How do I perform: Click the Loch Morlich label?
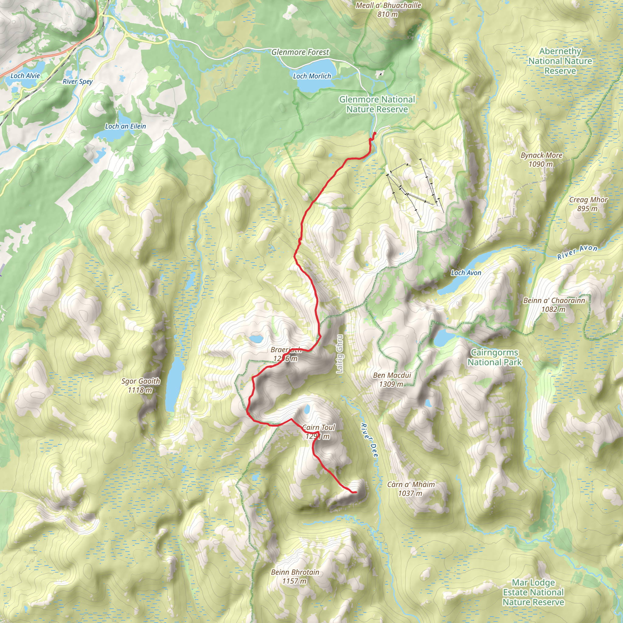(x=312, y=76)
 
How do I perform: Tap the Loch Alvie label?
(x=25, y=76)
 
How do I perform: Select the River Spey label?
(x=77, y=81)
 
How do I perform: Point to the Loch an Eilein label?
(x=125, y=127)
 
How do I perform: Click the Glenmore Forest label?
(x=300, y=52)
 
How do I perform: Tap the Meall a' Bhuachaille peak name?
(x=388, y=5)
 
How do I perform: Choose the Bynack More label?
(x=541, y=155)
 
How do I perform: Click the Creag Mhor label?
(x=588, y=200)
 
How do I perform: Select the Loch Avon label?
(x=466, y=273)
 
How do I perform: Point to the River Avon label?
(x=577, y=252)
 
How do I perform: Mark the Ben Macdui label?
(x=392, y=375)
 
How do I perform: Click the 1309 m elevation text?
(x=391, y=384)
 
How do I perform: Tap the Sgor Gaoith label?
(x=141, y=381)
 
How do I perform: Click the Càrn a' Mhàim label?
(x=411, y=484)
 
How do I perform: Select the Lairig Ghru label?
(x=339, y=354)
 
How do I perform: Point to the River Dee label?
(x=369, y=440)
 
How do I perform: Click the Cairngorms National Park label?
(x=494, y=357)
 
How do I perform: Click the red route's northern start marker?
(x=375, y=133)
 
